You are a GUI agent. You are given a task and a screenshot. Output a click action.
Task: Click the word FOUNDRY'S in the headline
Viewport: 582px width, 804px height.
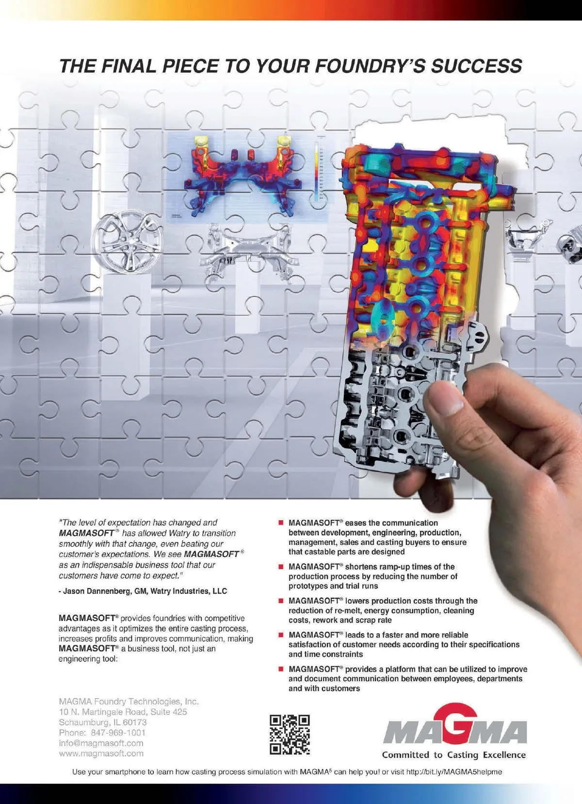[370, 66]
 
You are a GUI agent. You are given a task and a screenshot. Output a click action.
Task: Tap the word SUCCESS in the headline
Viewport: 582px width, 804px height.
[477, 66]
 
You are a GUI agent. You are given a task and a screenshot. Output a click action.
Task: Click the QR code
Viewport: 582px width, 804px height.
[290, 734]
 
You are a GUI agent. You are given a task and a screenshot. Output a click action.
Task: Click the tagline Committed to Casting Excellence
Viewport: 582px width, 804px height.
[454, 755]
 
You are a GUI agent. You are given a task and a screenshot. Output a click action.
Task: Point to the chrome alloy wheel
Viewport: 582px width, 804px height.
[127, 244]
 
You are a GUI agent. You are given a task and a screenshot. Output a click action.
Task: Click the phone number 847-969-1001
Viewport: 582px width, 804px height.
[118, 733]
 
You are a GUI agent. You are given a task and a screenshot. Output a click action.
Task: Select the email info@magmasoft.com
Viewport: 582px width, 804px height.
[101, 743]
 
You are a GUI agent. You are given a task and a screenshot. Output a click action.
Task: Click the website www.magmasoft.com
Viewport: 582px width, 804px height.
[101, 754]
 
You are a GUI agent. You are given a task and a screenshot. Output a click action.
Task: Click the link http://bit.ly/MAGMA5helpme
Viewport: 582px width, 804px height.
[454, 771]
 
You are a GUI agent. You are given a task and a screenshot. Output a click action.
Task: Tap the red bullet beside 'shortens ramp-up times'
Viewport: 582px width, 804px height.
[281, 566]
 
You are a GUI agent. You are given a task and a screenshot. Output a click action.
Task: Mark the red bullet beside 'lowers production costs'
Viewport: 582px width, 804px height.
[281, 601]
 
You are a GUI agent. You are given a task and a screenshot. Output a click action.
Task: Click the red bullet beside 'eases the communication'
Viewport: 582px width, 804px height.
[281, 523]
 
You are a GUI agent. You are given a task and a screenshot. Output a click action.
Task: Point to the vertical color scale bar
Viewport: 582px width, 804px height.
[316, 172]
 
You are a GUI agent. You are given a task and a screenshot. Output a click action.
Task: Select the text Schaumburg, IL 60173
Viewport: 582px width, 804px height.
[103, 722]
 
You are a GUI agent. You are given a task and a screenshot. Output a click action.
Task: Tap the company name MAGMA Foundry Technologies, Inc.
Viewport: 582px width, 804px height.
[129, 701]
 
